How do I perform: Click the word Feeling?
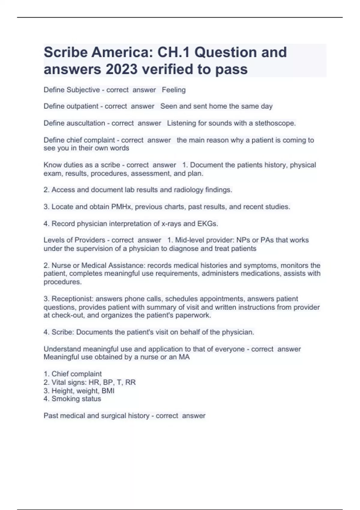174,90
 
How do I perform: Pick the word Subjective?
83,90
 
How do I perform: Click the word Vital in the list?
58,382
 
